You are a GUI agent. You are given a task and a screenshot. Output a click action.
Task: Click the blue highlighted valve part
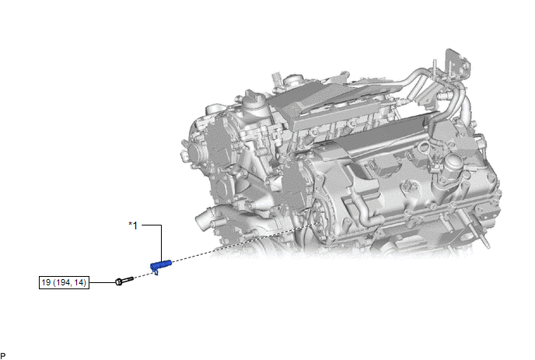161,265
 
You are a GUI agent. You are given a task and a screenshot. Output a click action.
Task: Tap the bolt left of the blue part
124,281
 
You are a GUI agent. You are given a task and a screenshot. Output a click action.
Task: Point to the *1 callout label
133,225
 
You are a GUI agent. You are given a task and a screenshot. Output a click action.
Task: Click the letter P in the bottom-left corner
3,356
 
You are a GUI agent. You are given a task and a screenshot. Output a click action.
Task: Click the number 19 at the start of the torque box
46,282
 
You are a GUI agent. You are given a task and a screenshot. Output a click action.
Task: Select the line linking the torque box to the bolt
103,282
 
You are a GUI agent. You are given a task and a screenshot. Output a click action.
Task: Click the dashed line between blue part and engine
247,243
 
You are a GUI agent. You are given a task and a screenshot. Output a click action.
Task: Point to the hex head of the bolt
119,282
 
